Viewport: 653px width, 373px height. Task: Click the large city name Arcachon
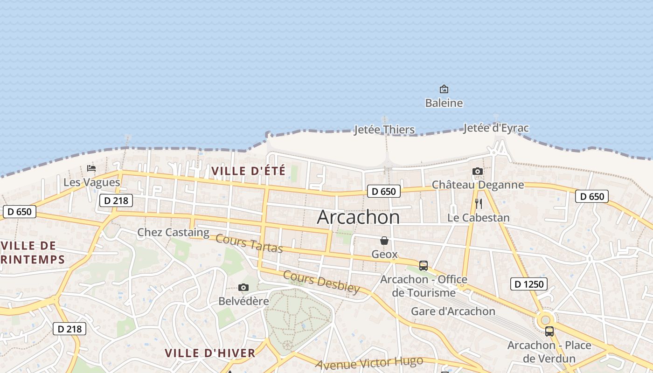coord(358,217)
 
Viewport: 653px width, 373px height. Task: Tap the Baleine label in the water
coord(444,103)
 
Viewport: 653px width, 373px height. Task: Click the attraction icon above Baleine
coord(444,89)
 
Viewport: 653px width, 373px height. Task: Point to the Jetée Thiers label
coord(384,129)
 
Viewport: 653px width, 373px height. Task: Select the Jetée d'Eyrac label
coord(496,128)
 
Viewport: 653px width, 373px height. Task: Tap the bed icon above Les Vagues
coord(91,168)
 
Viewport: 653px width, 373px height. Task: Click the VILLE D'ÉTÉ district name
coord(248,171)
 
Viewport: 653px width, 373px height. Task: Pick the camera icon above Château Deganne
coord(478,171)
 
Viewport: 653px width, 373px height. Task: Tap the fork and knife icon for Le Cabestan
coord(478,204)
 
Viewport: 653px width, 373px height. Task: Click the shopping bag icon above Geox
coord(384,241)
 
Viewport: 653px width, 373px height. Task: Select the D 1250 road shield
coord(528,283)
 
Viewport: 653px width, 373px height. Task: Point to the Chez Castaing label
coord(173,232)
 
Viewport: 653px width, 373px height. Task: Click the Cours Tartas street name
coord(249,243)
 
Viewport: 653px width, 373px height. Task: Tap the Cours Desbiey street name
coord(321,282)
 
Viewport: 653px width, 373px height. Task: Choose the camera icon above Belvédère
coord(243,287)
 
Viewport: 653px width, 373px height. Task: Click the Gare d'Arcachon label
coord(453,311)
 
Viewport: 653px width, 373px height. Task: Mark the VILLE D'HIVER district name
coord(210,353)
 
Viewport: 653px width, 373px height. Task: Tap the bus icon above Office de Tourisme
coord(424,266)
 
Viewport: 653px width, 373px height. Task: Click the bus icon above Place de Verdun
coord(549,332)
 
